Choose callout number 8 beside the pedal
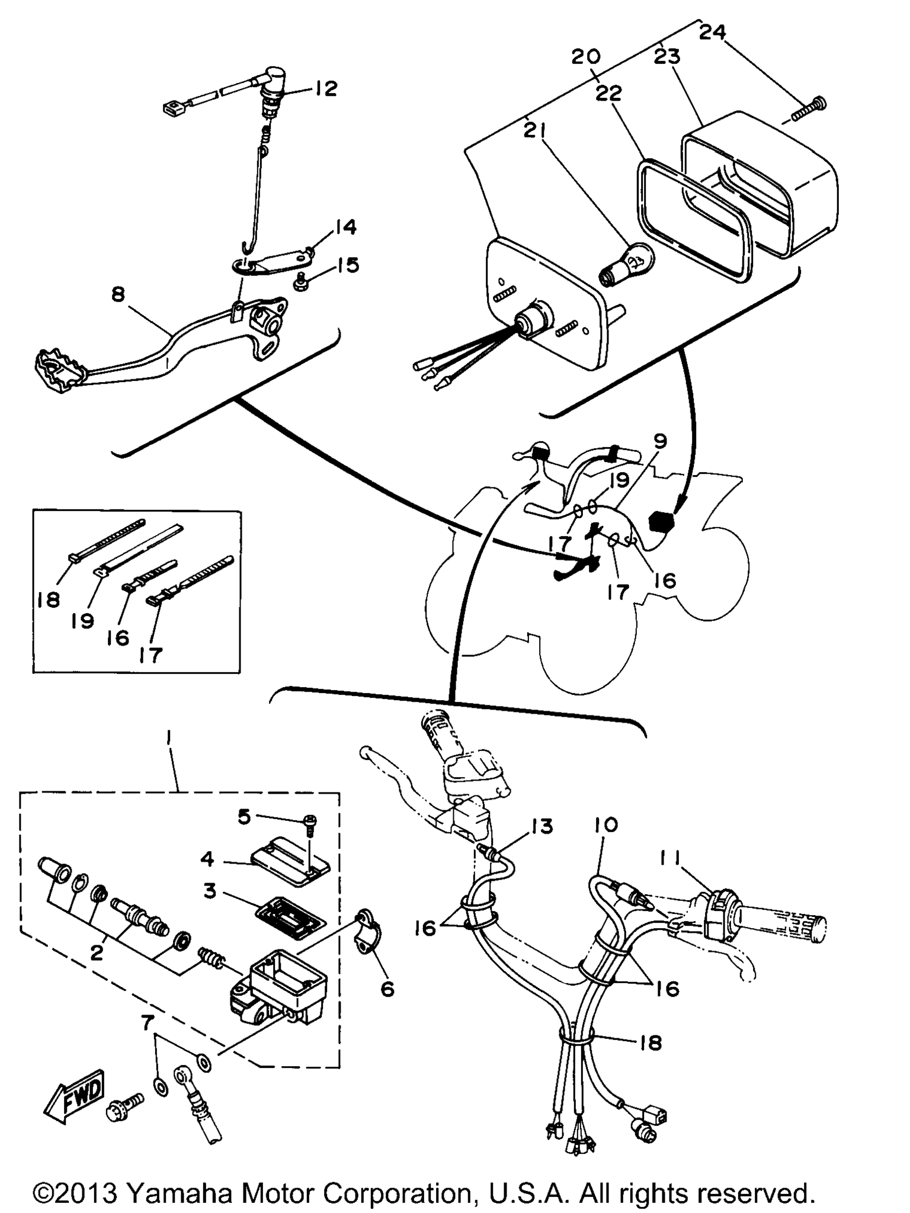[x=118, y=294]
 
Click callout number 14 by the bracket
[x=345, y=227]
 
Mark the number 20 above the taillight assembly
[x=587, y=57]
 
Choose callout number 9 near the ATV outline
[x=661, y=441]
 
